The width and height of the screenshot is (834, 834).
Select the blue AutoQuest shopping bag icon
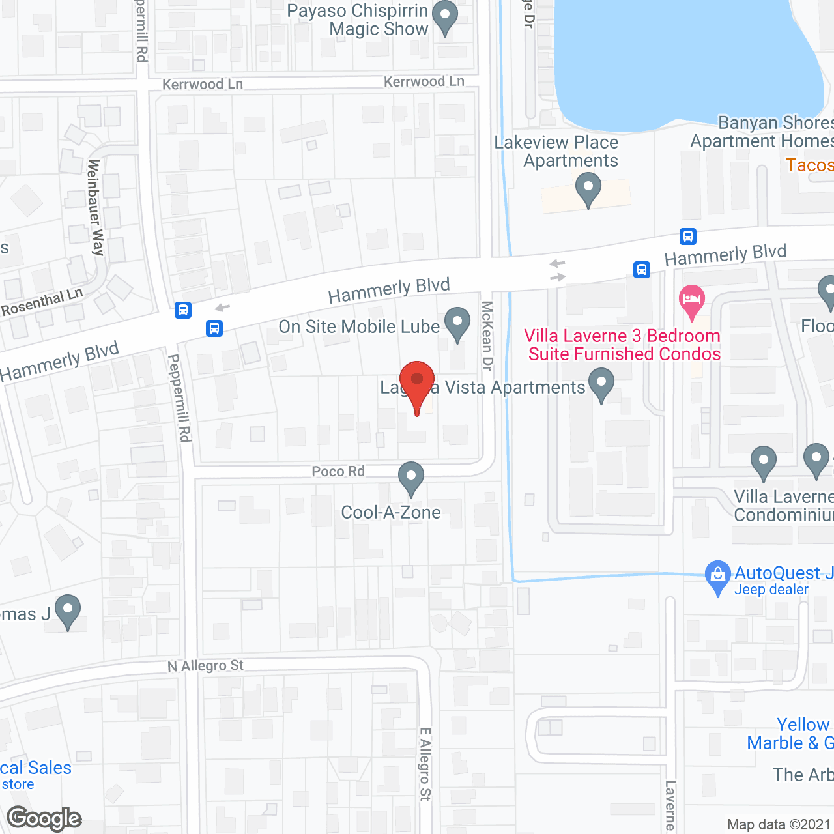(x=717, y=575)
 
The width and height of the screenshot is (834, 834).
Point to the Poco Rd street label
(x=338, y=471)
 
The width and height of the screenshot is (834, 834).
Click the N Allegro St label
(x=205, y=666)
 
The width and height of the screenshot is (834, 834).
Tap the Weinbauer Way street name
(x=95, y=207)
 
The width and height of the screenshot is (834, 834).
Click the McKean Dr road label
(x=487, y=336)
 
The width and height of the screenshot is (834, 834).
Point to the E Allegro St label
(x=425, y=764)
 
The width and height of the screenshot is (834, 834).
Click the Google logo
(x=44, y=818)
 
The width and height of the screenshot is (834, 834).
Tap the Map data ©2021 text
(x=779, y=825)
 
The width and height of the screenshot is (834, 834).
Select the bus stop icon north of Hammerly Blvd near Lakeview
(x=687, y=236)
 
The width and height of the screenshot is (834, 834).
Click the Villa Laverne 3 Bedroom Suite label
(x=623, y=345)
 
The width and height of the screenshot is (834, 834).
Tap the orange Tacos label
(x=809, y=165)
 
